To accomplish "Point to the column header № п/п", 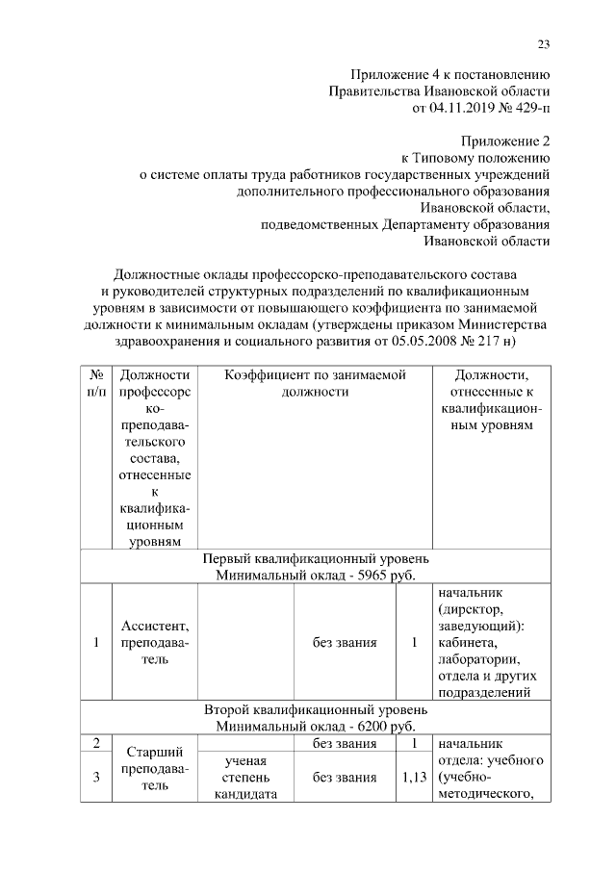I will pyautogui.click(x=97, y=383).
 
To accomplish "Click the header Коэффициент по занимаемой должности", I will pyautogui.click(x=314, y=383).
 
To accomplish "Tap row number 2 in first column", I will pyautogui.click(x=97, y=742).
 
